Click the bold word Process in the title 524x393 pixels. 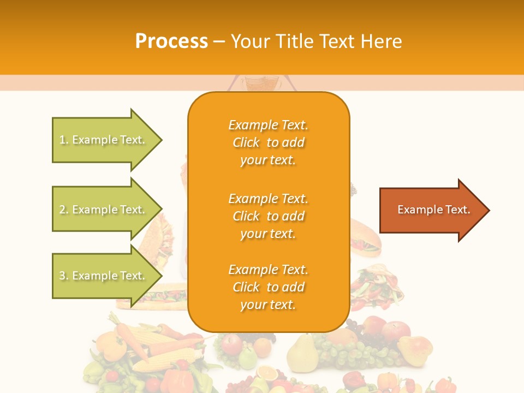171,41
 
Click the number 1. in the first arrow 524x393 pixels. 64,140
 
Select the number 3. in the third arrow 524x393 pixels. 64,276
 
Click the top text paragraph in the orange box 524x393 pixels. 268,142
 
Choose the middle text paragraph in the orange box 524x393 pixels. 268,216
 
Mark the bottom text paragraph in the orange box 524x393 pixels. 268,287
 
